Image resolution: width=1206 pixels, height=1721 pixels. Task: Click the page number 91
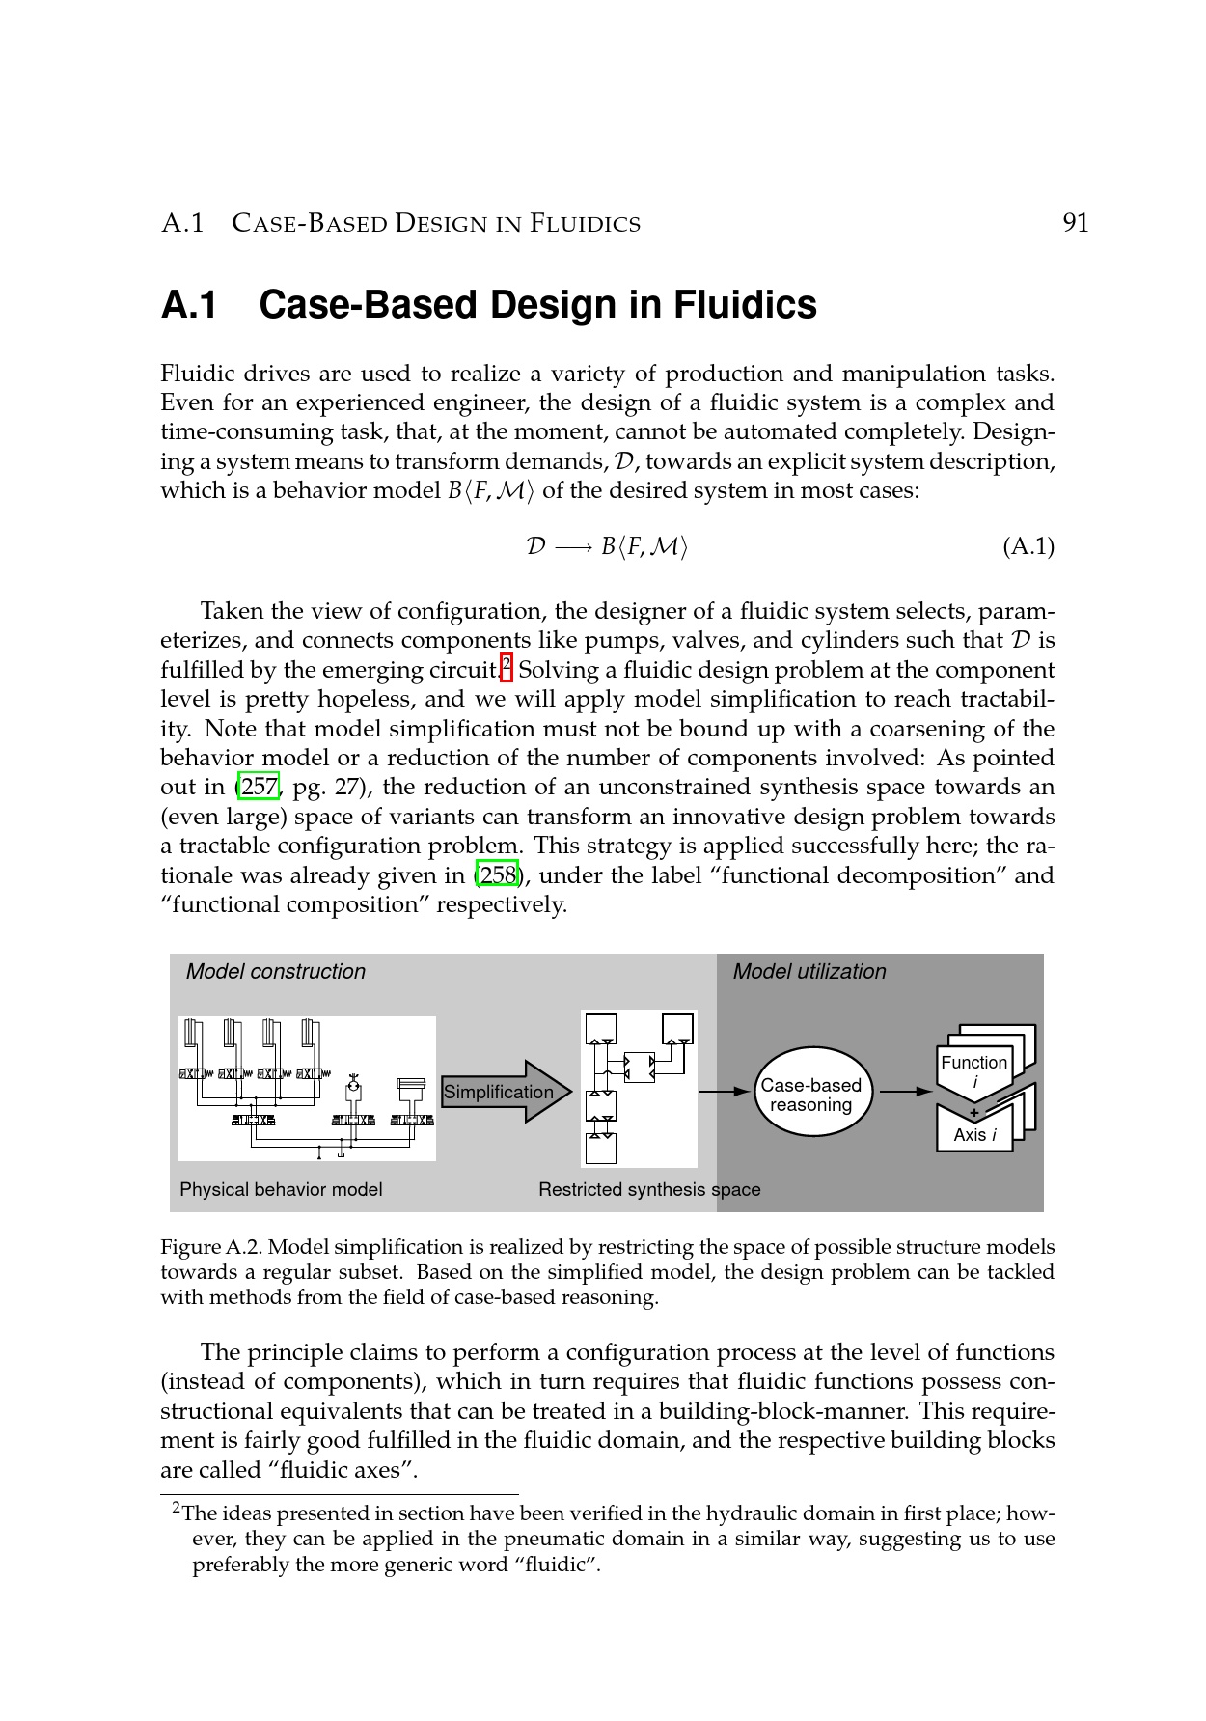coord(1075,223)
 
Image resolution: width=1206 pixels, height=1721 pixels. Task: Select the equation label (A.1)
coord(1028,547)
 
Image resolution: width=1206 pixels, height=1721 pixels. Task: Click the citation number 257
coord(259,787)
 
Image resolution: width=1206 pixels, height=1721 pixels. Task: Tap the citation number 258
coord(497,875)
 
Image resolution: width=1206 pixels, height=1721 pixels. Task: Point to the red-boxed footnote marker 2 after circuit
coord(507,665)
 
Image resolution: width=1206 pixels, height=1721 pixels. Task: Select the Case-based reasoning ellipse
coord(810,1095)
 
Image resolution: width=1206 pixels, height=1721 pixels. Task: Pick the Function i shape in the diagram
coord(974,1069)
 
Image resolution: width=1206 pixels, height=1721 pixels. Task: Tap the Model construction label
coord(275,971)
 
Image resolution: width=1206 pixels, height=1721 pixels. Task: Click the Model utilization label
coord(809,971)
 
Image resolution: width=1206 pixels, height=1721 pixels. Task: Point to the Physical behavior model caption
coord(281,1189)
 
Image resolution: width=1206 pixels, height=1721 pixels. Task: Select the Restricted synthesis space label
coord(649,1189)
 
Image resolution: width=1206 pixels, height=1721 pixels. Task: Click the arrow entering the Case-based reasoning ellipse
coord(724,1092)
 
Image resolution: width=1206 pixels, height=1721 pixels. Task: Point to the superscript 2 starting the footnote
coord(176,1507)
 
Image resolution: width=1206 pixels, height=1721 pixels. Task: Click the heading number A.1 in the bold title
coord(188,305)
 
